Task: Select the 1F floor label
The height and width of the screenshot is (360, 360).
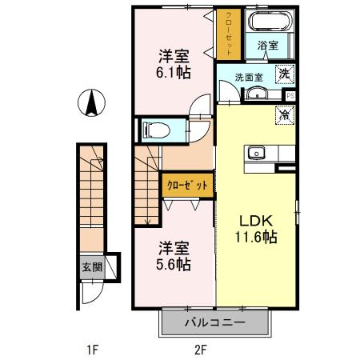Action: coord(93,349)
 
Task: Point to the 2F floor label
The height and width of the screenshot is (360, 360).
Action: coord(199,349)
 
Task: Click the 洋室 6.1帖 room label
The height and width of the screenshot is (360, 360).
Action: coord(174,64)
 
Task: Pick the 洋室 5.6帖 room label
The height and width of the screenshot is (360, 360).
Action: coord(174,255)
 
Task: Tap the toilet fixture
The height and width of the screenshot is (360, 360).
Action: coord(155,128)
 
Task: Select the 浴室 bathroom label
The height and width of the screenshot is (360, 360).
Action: coord(268,46)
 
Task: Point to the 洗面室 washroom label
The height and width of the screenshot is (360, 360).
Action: coord(247,78)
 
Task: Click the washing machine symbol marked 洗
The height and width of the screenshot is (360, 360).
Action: coord(284,74)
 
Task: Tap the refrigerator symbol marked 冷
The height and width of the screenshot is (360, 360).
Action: coord(284,114)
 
